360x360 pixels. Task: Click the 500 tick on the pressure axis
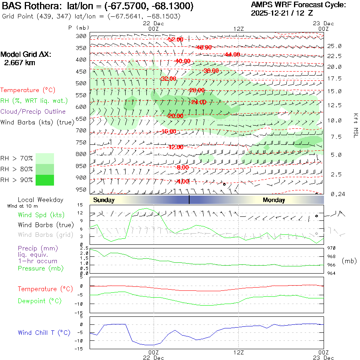[x=82, y=83]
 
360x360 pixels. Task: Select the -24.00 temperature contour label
[x=198, y=102]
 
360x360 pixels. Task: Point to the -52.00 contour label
[x=175, y=40]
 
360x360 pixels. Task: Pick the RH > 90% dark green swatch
[x=44, y=180]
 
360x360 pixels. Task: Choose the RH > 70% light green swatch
[x=44, y=158]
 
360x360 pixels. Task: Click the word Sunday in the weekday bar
[x=104, y=200]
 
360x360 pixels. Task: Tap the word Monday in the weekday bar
[x=274, y=200]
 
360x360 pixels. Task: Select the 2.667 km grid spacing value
[x=19, y=62]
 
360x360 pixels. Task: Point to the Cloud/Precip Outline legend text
[x=33, y=112]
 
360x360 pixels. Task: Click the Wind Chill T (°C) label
[x=44, y=333]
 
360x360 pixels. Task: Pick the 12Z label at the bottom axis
[x=238, y=352]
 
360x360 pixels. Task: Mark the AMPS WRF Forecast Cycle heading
[x=298, y=5]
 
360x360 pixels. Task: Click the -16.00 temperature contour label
[x=168, y=132]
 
